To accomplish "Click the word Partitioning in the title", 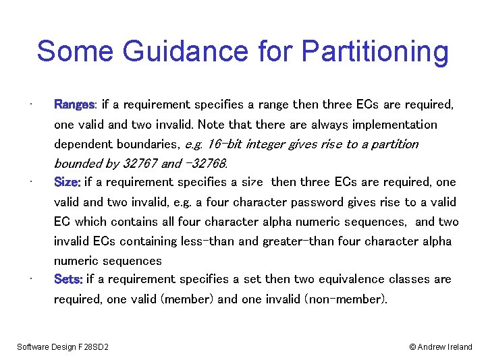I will click(375, 52).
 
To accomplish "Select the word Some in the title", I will click(70, 52).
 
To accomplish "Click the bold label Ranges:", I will click(76, 104).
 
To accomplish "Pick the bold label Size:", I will click(67, 182).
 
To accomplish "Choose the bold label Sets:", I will click(69, 279).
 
